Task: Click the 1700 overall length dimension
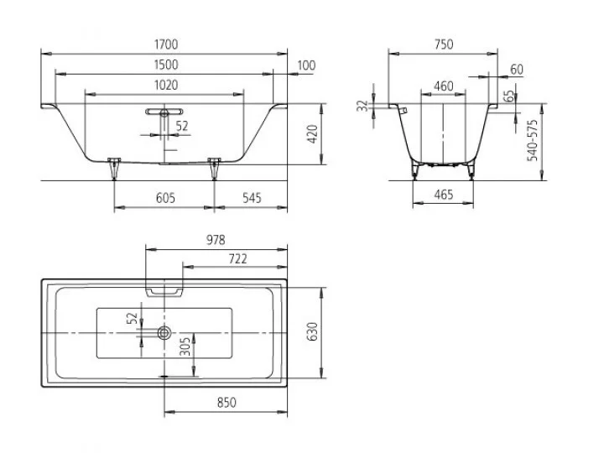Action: coord(166,44)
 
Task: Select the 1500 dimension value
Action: coord(166,65)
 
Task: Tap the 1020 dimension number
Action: coord(166,85)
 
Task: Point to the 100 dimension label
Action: coord(307,65)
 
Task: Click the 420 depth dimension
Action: coord(313,134)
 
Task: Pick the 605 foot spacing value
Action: coord(165,198)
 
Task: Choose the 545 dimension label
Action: coord(252,198)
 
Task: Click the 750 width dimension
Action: coord(444,44)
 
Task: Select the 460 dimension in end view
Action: coord(444,86)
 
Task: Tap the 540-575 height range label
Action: coord(533,140)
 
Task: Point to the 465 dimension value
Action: coord(444,195)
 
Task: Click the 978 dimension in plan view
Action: coord(216,240)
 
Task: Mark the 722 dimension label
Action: coord(238,259)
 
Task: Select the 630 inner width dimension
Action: coord(313,331)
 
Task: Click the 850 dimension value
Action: coord(226,403)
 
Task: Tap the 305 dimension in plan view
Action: coord(185,346)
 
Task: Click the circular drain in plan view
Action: coord(164,332)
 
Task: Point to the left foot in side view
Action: coord(114,169)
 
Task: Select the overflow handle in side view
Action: coord(164,112)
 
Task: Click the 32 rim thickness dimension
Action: coord(362,106)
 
